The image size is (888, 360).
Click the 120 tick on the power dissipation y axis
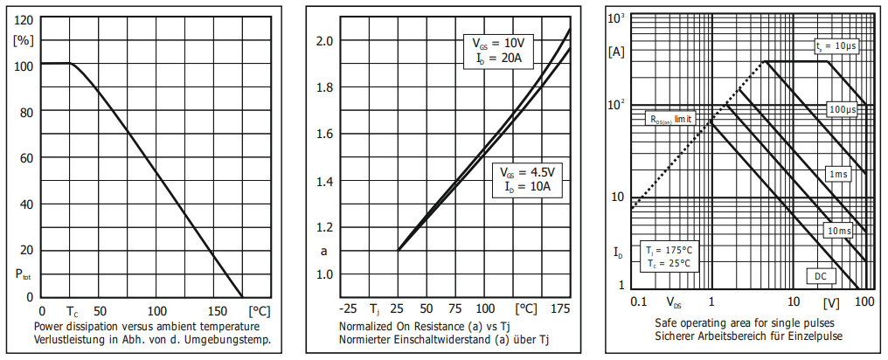(x=24, y=19)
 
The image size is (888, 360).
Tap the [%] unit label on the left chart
(x=24, y=40)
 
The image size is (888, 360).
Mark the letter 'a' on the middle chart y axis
(x=325, y=251)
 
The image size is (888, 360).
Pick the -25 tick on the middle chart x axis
(x=347, y=309)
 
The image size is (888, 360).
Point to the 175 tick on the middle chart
(x=562, y=309)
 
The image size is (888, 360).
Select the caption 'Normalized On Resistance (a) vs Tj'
(x=430, y=326)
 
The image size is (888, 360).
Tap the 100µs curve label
(x=843, y=110)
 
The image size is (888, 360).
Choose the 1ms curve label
(x=838, y=174)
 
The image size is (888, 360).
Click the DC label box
(x=821, y=276)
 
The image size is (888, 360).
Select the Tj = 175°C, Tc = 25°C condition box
(x=668, y=256)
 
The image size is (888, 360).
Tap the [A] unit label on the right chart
(x=616, y=52)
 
